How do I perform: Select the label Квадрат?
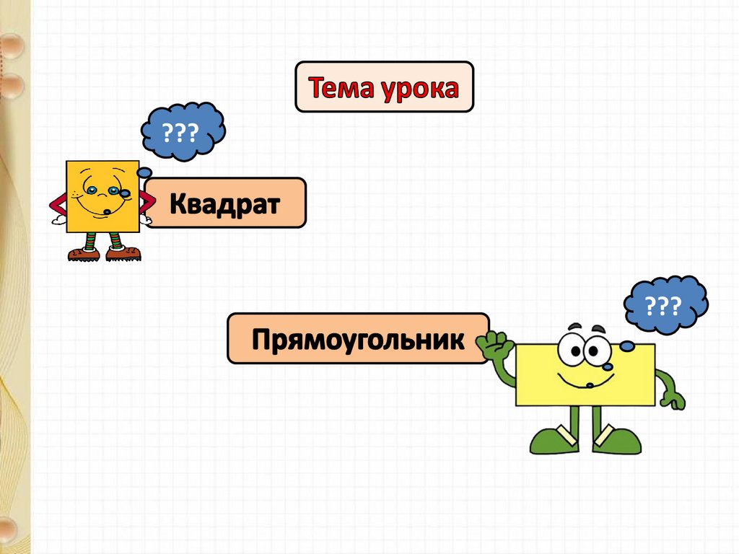[x=224, y=203]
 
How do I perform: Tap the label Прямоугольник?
[x=357, y=338]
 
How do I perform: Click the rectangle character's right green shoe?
[x=617, y=440]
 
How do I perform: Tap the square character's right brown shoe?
[x=123, y=253]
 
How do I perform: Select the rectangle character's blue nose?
[x=608, y=367]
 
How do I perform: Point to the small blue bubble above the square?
[x=144, y=172]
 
